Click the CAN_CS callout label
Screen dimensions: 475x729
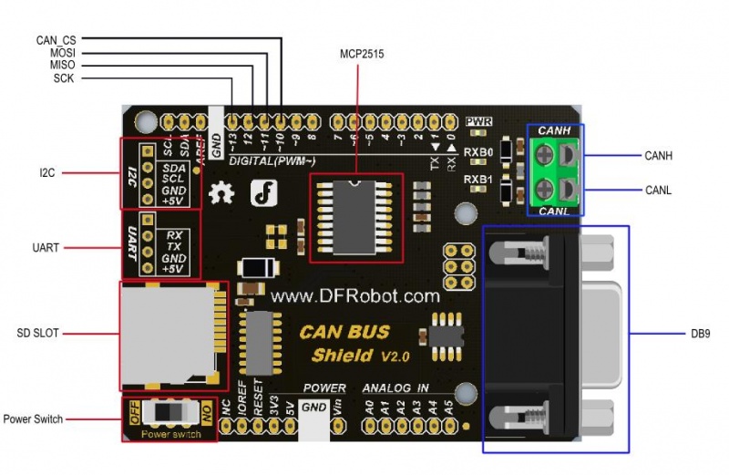tap(56, 40)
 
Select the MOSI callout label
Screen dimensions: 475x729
tap(62, 53)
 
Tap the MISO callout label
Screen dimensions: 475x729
tap(62, 66)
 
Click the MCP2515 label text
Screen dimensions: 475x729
tap(361, 55)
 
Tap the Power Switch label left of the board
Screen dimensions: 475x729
tap(33, 419)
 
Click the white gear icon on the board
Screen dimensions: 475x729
tap(221, 193)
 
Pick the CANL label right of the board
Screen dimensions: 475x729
tap(658, 190)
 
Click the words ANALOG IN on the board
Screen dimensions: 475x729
tap(396, 387)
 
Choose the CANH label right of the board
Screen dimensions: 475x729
tap(658, 156)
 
